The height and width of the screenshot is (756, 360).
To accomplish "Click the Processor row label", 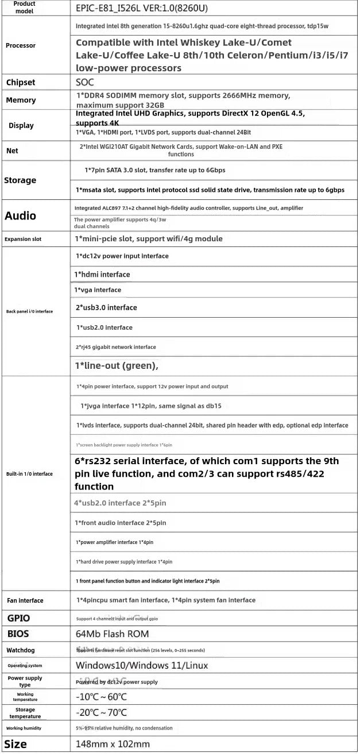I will [x=20, y=45].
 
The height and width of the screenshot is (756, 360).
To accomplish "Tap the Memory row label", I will [x=21, y=100].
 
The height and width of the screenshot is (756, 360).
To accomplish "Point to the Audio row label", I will [x=20, y=216].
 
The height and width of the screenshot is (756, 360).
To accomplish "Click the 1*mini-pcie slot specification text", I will [x=149, y=239].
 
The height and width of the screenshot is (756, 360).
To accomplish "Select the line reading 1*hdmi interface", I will [x=102, y=275].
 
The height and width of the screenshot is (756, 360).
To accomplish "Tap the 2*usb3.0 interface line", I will [x=106, y=308].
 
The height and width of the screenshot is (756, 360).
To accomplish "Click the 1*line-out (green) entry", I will [x=117, y=365].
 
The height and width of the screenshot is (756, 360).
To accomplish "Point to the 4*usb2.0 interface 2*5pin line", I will [x=120, y=503].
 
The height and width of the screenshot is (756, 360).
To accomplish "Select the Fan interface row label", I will [x=25, y=601].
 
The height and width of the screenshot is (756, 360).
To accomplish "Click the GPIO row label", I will [x=18, y=618].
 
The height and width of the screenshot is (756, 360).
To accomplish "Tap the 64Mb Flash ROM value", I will [x=112, y=634].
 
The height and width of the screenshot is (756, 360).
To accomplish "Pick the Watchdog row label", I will [x=20, y=650].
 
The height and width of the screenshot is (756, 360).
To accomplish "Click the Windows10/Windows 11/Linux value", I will [x=142, y=666].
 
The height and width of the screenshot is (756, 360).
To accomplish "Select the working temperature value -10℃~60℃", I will [x=101, y=697].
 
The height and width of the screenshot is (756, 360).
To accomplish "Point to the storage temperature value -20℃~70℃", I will [x=101, y=713].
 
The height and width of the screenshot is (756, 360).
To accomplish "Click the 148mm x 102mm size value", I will [x=113, y=745].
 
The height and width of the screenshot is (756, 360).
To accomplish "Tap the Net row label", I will [x=12, y=151].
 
